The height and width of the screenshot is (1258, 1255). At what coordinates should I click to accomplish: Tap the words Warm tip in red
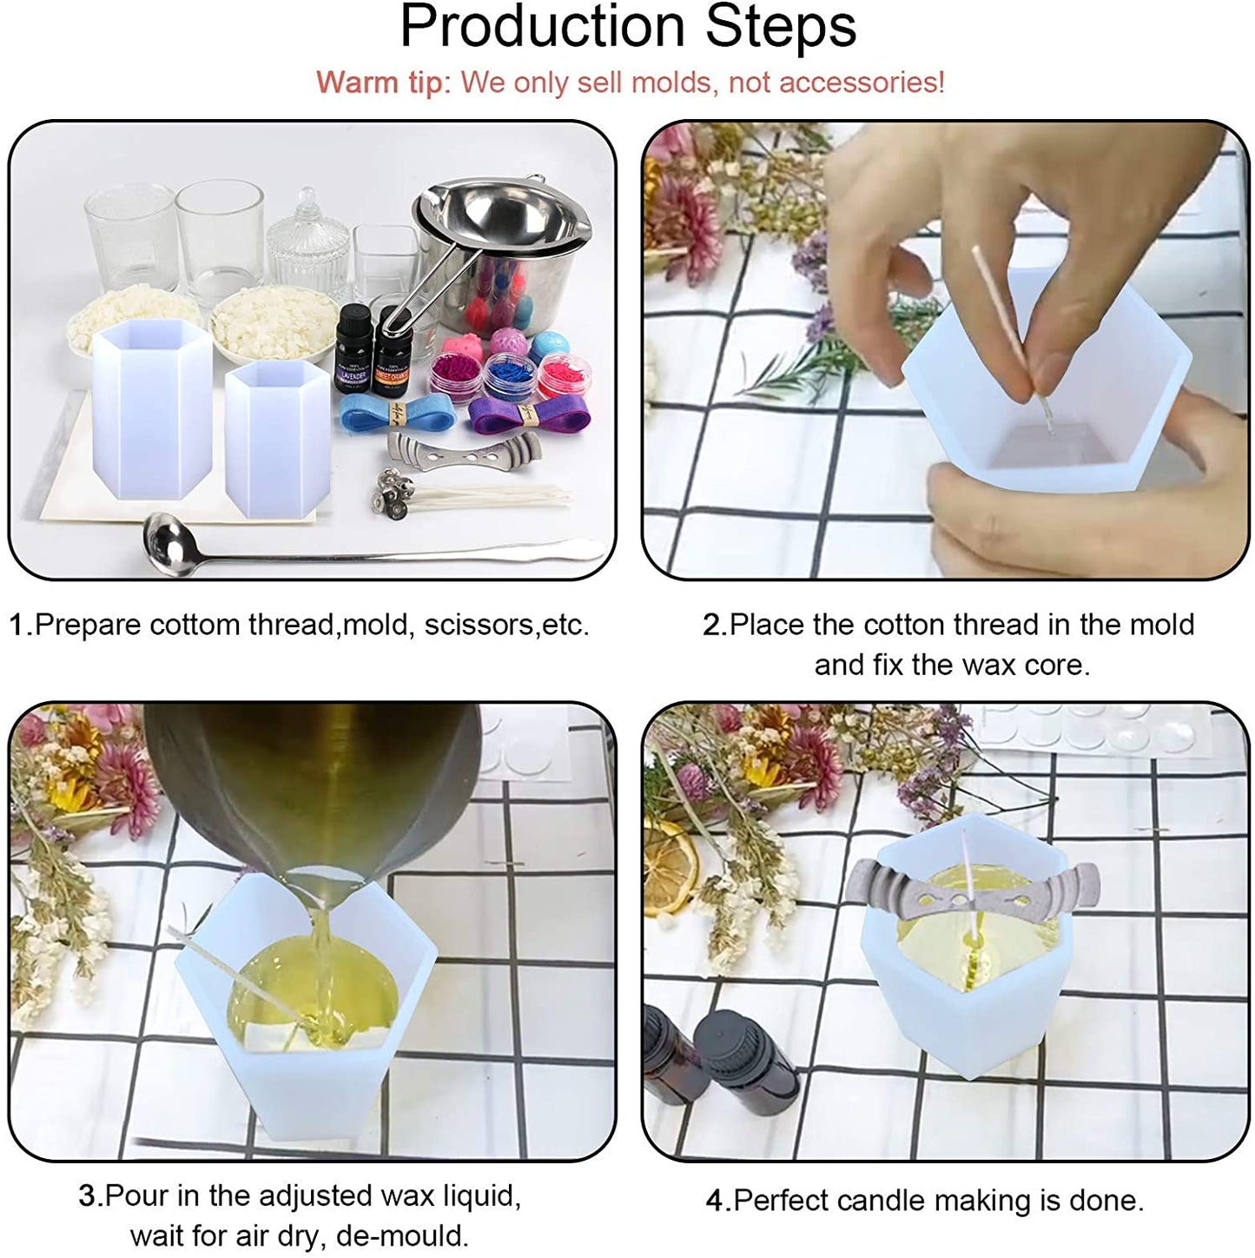(379, 83)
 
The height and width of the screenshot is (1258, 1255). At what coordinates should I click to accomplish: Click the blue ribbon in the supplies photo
(396, 414)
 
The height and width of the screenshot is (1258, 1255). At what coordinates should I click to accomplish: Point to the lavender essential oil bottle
(353, 348)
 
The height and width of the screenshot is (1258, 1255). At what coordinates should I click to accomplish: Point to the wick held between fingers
(1003, 313)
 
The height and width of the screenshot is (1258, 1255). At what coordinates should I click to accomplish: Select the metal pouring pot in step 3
(313, 782)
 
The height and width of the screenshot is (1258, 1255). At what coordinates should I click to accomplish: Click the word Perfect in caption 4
(787, 1201)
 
